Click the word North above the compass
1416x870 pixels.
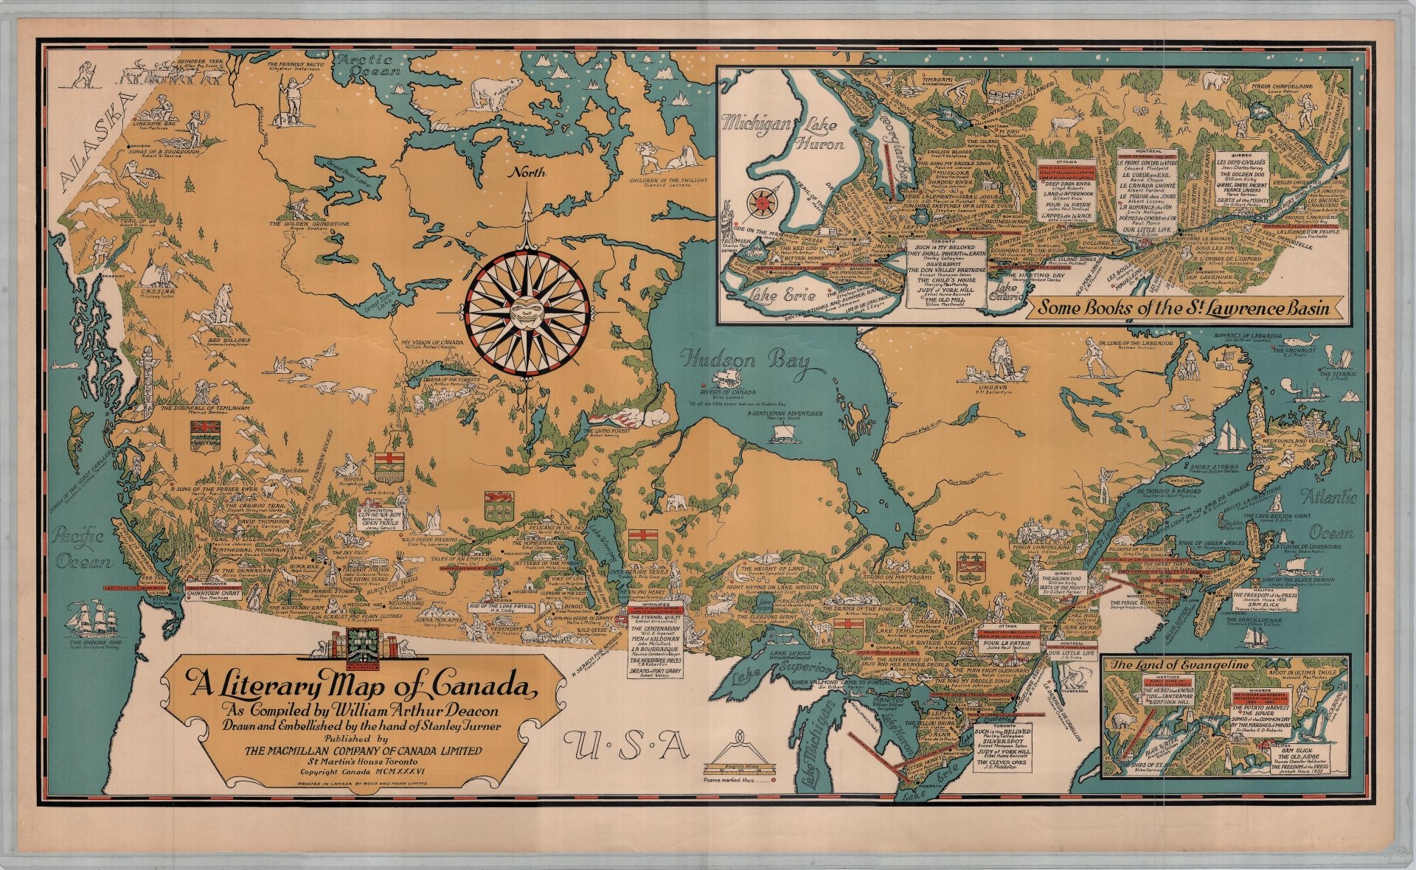(527, 173)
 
